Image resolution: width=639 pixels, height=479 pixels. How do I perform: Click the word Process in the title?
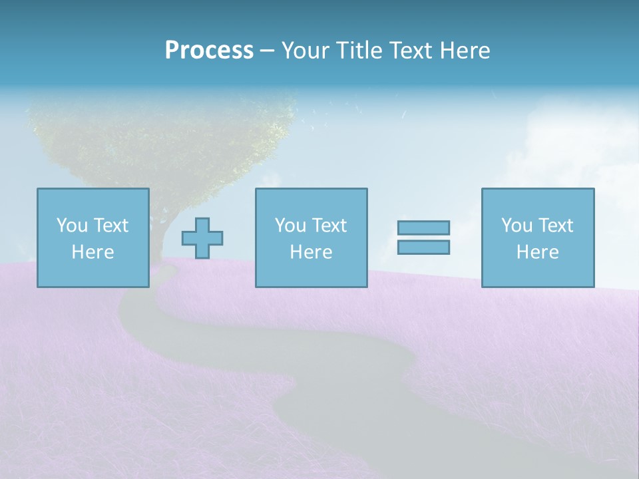209,51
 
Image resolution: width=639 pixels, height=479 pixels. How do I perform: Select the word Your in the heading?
306,51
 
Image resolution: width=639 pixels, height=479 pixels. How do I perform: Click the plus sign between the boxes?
202,238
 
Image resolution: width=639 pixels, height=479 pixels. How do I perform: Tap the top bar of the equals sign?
423,228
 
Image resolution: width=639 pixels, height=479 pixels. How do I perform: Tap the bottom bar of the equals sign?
423,247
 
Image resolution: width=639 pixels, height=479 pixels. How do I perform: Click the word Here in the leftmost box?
93,252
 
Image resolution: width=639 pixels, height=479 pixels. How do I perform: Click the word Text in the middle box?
331,226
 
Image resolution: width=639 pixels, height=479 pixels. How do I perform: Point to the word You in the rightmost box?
517,226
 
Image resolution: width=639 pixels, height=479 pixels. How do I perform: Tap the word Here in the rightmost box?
537,252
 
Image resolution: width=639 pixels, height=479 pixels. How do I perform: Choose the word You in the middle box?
290,226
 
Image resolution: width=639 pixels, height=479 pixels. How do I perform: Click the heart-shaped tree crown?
160,140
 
